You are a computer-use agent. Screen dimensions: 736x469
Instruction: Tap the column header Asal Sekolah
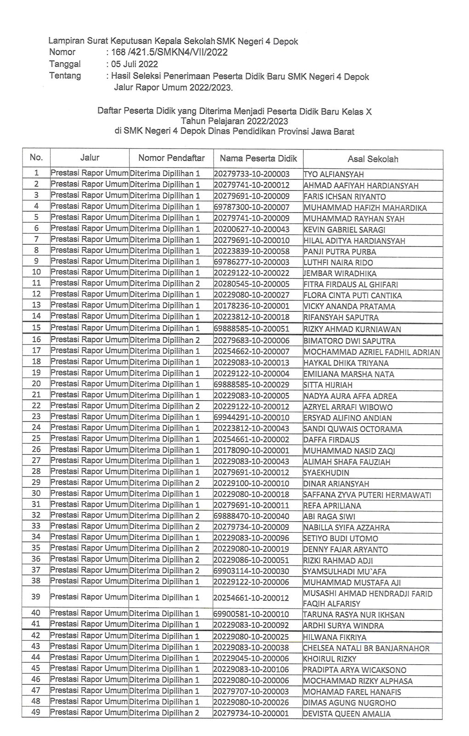tap(373, 159)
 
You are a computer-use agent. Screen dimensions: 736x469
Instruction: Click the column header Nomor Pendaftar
tap(171, 158)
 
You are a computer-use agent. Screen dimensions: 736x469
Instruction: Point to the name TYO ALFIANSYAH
tap(334, 174)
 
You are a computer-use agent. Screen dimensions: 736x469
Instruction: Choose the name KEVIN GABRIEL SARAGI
tap(344, 230)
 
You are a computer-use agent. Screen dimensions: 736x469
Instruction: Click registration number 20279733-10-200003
tap(252, 174)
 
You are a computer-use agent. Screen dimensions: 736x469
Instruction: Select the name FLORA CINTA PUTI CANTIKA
tap(353, 295)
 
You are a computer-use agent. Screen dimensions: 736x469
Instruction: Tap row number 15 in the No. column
tap(36, 328)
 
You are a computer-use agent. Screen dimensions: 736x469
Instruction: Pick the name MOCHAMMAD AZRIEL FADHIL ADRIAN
tap(372, 352)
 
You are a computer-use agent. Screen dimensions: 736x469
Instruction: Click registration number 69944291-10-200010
tap(252, 418)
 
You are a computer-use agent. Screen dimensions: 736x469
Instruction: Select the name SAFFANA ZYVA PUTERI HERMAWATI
tap(367, 495)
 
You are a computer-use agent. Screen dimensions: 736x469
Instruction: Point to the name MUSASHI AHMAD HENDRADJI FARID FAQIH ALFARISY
tap(368, 598)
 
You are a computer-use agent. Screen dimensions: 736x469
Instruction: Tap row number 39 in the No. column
tap(36, 597)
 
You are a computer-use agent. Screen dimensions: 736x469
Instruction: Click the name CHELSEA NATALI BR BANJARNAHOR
tap(366, 648)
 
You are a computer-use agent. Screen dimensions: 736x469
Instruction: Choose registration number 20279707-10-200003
tap(251, 691)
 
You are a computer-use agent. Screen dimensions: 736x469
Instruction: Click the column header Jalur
tap(90, 157)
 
